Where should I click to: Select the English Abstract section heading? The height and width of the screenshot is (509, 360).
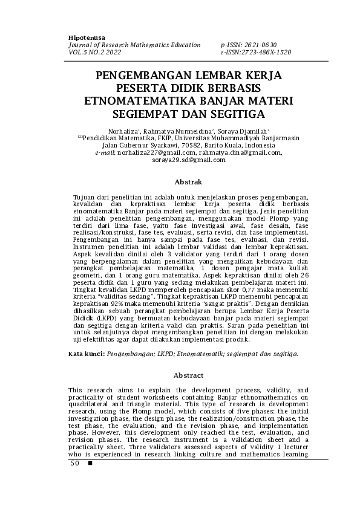point(188,375)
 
